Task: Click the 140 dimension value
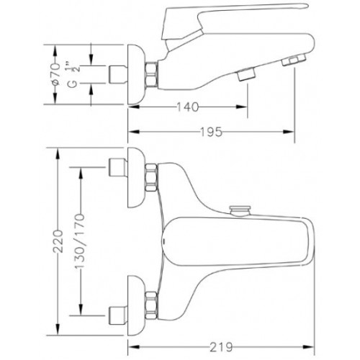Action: coord(188,107)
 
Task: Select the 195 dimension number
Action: coord(211,132)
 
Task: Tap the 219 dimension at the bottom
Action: coord(221,347)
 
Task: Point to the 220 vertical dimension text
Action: coord(58,241)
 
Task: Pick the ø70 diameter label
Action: coord(55,74)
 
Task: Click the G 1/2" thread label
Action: coord(72,75)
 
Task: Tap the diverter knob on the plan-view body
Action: coord(240,211)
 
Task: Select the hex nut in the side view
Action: coord(151,74)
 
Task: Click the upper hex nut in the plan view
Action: coord(151,178)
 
